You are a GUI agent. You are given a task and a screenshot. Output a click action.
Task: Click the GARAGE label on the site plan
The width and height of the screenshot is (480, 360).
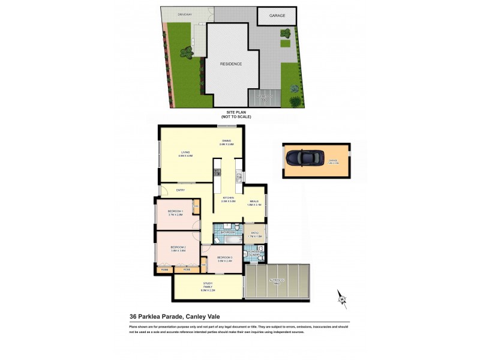(277, 16)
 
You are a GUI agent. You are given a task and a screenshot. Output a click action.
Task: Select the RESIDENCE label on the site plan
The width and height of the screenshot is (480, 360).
(231, 64)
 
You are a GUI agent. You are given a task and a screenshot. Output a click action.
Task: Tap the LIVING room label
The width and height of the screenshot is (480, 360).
(185, 154)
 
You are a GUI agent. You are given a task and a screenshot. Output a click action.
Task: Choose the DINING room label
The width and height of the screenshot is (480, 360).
(226, 142)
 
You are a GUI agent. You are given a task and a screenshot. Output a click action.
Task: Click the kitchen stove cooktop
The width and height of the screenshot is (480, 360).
(218, 173)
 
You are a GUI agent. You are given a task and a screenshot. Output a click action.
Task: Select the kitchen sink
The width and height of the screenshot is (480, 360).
(238, 176)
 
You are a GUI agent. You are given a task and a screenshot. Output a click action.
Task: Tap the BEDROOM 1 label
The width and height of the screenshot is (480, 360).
(175, 212)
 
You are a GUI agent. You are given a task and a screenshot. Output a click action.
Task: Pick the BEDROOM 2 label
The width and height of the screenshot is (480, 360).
(178, 248)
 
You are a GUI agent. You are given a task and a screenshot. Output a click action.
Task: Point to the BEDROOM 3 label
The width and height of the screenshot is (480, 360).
(224, 258)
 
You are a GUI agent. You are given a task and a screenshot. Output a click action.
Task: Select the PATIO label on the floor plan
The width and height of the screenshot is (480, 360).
(254, 233)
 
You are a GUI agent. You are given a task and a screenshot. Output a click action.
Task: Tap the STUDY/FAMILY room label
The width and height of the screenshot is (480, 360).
(208, 286)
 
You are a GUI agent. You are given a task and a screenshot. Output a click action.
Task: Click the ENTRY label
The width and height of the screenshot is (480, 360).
(180, 190)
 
